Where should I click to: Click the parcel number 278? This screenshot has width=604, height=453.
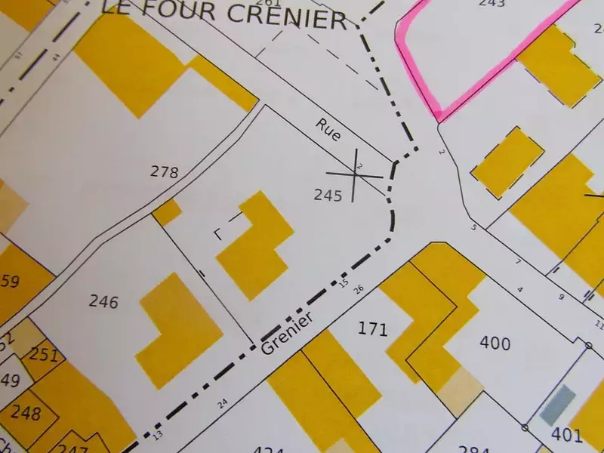[164, 172]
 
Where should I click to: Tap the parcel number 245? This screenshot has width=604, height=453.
[328, 195]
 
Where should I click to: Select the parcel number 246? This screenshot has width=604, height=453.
[103, 302]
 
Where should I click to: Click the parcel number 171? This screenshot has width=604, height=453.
[372, 329]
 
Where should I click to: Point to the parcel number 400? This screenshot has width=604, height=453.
[495, 344]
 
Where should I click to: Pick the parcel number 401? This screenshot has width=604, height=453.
[566, 434]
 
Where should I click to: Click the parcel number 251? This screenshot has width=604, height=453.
[45, 355]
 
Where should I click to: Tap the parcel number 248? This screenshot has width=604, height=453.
[26, 413]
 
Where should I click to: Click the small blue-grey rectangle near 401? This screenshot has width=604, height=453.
[559, 404]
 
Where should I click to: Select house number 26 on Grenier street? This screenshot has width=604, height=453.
[359, 289]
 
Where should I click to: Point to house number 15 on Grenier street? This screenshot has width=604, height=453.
[344, 284]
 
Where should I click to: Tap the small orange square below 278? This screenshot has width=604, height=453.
[167, 212]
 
